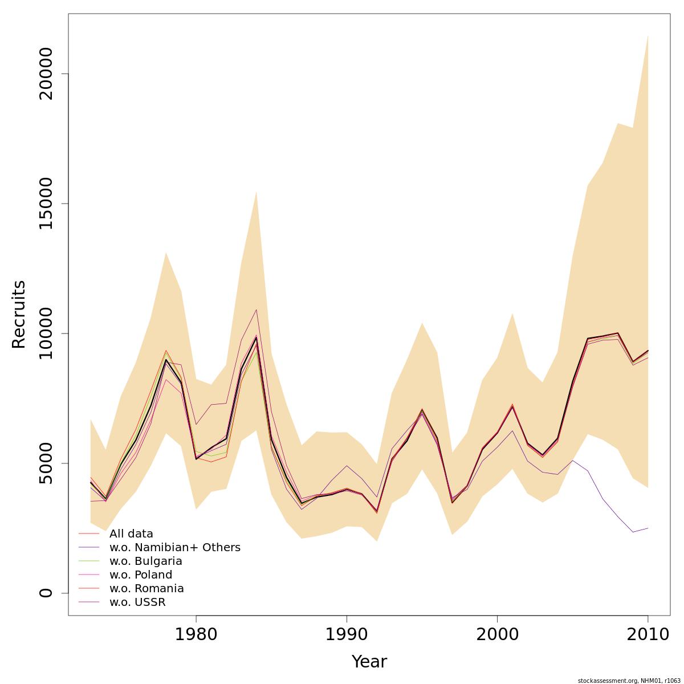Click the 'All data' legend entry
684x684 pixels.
131,534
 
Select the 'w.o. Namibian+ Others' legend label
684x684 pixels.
174,548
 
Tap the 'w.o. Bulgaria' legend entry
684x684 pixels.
145,561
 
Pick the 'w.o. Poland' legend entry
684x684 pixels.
140,575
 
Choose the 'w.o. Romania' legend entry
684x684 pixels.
146,589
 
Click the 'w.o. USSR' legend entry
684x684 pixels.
137,602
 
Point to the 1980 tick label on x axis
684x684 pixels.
196,634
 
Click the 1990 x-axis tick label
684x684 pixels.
347,634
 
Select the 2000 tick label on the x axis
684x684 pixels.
497,634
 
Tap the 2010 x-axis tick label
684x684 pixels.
648,634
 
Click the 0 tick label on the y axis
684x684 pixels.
46,593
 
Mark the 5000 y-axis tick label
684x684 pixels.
46,463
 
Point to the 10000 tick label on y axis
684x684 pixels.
46,333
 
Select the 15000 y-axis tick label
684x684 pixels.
46,203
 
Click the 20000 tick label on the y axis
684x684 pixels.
46,74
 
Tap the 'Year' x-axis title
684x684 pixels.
369,662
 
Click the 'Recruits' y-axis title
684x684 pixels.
19,314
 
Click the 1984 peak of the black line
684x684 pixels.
256,337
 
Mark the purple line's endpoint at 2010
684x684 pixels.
648,528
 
